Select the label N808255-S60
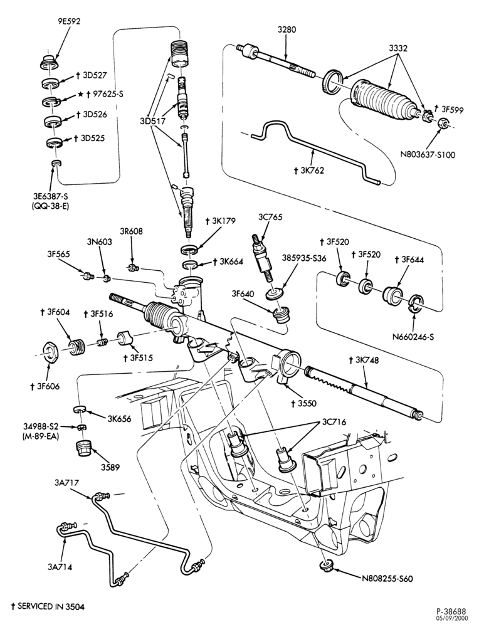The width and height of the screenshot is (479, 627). (387, 579)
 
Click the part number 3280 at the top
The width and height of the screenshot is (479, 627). (287, 29)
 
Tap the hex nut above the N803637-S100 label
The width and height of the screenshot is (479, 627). (442, 124)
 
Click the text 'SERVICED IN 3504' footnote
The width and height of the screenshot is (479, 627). (48, 606)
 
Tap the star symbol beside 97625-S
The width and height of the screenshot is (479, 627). (80, 95)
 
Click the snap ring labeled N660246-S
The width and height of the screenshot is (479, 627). (414, 303)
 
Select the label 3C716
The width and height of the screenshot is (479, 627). (334, 422)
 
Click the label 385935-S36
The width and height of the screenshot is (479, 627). (304, 258)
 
